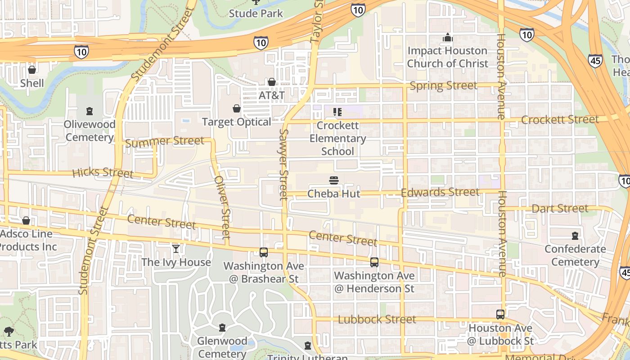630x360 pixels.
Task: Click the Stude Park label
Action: click(256, 13)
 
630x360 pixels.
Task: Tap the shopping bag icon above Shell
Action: click(32, 70)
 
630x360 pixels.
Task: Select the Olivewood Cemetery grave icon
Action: click(90, 111)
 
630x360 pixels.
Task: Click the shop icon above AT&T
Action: click(272, 82)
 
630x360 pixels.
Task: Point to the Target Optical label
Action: click(237, 122)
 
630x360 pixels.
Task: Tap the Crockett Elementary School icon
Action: click(337, 112)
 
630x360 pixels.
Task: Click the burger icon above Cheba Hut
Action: click(334, 180)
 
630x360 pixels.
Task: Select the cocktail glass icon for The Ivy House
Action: click(176, 248)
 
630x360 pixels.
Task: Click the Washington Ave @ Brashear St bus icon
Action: click(264, 252)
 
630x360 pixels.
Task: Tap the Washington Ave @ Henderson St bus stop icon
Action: click(374, 262)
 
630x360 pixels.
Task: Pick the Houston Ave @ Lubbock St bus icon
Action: click(500, 315)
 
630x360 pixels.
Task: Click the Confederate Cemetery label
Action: click(575, 255)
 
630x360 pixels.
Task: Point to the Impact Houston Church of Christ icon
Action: click(447, 37)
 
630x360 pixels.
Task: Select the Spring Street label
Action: click(443, 85)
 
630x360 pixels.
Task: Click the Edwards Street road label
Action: click(440, 192)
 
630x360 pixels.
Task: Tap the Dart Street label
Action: click(560, 208)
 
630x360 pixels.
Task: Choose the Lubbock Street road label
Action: click(377, 319)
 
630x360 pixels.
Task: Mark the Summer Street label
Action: click(165, 141)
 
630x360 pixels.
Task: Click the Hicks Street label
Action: click(103, 172)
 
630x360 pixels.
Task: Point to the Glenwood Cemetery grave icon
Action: click(222, 327)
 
